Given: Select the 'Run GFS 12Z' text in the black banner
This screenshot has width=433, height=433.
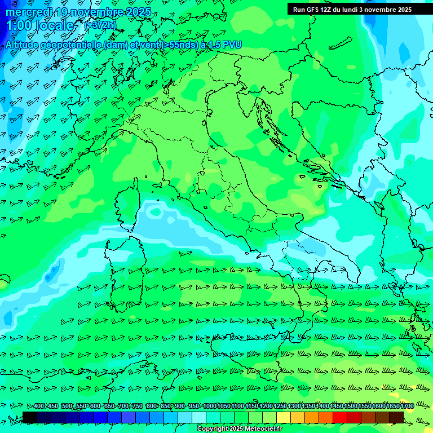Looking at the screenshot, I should click(313, 10).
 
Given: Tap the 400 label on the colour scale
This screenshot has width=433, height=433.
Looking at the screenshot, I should click(38, 407).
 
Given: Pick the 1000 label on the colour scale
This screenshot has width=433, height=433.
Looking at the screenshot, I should click(210, 407).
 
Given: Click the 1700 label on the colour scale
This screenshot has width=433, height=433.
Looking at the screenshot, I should click(407, 407).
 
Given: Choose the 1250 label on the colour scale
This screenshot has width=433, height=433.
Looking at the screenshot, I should click(280, 407).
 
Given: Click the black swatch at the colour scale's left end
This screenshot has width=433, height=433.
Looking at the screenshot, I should click(30, 417).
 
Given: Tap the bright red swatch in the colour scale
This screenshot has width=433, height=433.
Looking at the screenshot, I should click(340, 417).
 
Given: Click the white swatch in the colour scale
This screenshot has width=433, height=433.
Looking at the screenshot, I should click(199, 417).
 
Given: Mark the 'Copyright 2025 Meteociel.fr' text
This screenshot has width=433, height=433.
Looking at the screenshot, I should click(239, 429).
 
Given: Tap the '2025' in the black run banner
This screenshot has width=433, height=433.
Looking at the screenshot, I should click(401, 10).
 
